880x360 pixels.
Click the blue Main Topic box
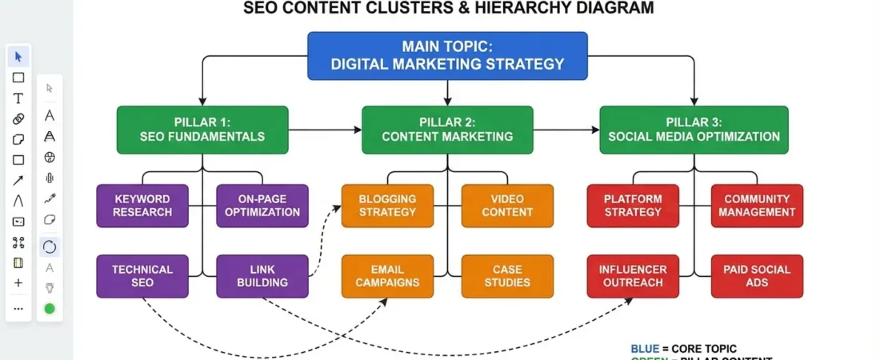(x=447, y=56)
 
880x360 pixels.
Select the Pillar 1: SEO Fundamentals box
(x=202, y=130)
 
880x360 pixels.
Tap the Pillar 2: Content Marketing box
(x=447, y=130)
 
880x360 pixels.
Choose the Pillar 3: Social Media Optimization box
(x=694, y=130)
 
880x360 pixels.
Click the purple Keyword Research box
(x=142, y=206)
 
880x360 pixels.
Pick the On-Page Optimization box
(x=262, y=206)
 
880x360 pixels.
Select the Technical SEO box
(x=142, y=276)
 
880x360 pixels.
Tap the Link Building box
(x=262, y=276)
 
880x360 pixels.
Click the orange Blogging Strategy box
(x=387, y=206)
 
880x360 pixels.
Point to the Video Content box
(x=507, y=206)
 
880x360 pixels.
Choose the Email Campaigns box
(x=387, y=276)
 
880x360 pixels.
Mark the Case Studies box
(x=507, y=276)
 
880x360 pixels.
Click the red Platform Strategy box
(x=633, y=206)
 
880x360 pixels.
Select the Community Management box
(x=757, y=206)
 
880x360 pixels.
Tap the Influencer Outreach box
(x=633, y=276)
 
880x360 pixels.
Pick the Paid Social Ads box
(x=757, y=276)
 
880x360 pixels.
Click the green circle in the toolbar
(x=50, y=309)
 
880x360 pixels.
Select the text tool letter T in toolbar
(x=18, y=98)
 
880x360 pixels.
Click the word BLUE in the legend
(x=645, y=349)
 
